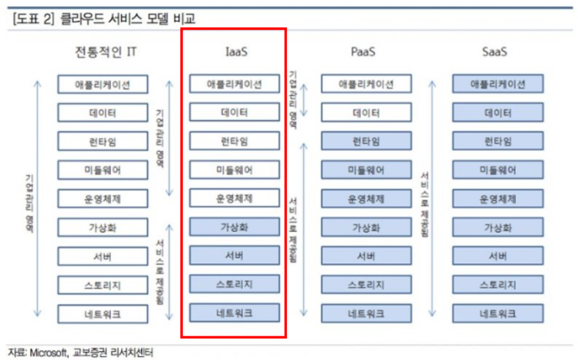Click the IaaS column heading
click(234, 52)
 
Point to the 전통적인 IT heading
click(109, 52)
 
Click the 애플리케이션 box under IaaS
click(234, 84)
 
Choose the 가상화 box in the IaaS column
click(234, 227)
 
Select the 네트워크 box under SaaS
click(497, 313)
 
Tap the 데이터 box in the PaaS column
click(365, 113)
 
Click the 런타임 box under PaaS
click(365, 141)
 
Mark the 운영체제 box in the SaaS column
click(497, 199)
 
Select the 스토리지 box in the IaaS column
click(234, 284)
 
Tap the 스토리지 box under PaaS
click(365, 285)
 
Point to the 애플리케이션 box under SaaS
click(497, 84)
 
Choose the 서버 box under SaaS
click(497, 256)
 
